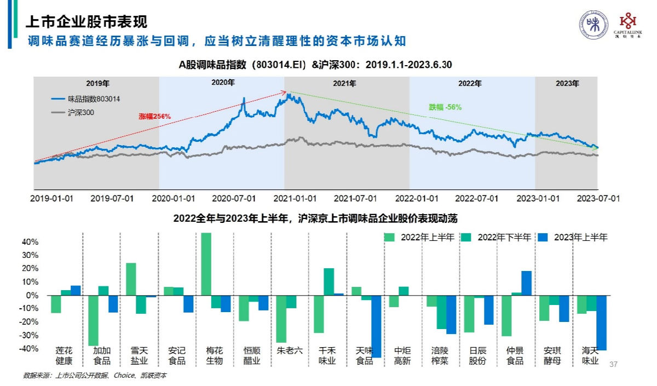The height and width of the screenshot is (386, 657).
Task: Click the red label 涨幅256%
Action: pos(154,116)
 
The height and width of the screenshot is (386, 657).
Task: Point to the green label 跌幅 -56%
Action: pos(445,107)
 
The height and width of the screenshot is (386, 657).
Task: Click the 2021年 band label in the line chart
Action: pos(344,84)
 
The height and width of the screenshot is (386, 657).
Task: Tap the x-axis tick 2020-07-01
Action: pos(234,198)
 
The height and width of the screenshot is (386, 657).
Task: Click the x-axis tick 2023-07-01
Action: pos(599,198)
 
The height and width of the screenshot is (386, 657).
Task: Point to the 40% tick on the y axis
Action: pos(30,242)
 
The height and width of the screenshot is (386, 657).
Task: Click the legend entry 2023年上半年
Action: pos(580,238)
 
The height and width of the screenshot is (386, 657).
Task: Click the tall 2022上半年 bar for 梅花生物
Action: pos(206,264)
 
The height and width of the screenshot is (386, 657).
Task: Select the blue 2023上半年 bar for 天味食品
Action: pos(376,326)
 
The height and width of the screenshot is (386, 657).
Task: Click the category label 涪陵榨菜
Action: pos(441,355)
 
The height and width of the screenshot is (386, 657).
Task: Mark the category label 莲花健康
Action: pos(64,355)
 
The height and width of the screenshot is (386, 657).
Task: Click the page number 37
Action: pos(613,364)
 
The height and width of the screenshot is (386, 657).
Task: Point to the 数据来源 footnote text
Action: pos(94,376)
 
